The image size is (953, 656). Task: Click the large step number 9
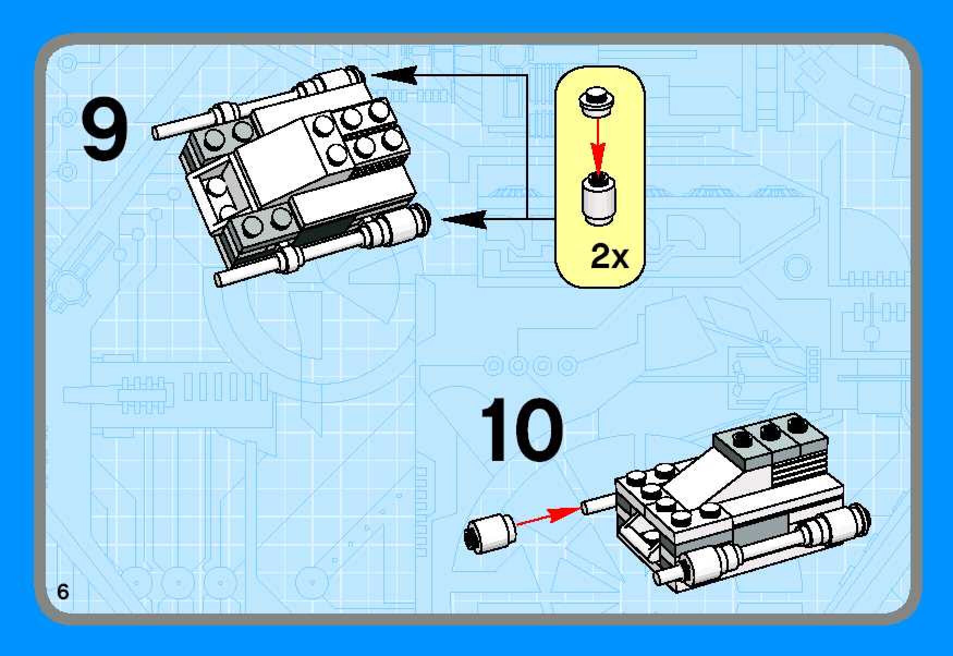point(106,132)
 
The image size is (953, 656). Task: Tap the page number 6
point(63,592)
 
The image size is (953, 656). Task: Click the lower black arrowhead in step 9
point(464,219)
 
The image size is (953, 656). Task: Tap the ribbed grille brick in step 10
point(801,469)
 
